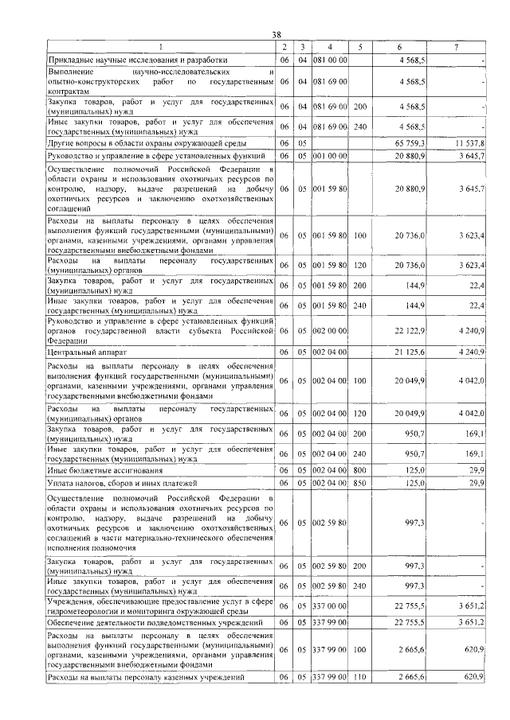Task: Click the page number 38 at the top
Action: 277,35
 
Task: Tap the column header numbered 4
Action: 330,47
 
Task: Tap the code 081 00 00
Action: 329,60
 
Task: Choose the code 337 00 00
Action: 329,608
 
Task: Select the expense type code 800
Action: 360,470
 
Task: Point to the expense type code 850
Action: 360,483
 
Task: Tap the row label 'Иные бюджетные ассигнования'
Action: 99,470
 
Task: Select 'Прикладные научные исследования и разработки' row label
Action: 138,60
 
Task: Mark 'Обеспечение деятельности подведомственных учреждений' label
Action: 157,621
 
